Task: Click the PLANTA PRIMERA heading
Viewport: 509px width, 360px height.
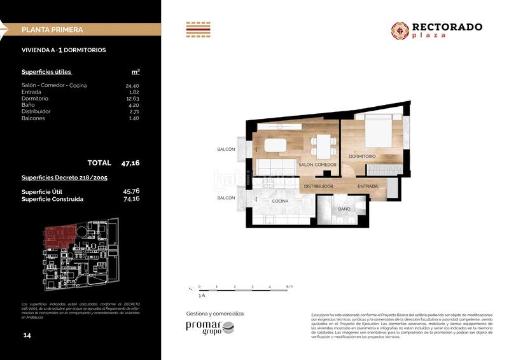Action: (52, 29)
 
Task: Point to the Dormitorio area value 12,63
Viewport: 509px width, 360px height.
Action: (132, 98)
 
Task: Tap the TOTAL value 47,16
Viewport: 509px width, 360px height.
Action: (130, 163)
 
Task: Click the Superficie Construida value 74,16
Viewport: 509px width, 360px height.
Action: (131, 198)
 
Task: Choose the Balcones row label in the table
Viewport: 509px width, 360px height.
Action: (33, 118)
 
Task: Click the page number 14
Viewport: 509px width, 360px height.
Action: (27, 335)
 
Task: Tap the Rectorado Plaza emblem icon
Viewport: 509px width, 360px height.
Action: (400, 30)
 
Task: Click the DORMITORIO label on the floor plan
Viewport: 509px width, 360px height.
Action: (362, 156)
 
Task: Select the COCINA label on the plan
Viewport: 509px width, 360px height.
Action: (281, 201)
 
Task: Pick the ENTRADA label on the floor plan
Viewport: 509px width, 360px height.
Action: (367, 186)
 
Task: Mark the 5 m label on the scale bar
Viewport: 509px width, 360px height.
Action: (289, 287)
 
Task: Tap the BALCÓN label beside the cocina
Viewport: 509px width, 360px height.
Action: (226, 198)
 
